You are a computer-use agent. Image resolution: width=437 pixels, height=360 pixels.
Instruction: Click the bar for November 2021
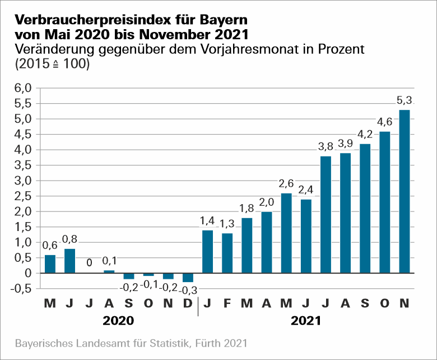pos(404,191)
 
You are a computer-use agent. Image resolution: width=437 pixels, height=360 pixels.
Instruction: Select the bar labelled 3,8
pos(326,214)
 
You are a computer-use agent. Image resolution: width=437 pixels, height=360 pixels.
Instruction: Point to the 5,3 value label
pos(404,101)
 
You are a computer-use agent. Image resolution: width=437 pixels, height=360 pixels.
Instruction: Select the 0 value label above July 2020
pos(90,262)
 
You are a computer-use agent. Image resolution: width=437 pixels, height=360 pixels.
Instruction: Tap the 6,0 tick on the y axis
pos(21,88)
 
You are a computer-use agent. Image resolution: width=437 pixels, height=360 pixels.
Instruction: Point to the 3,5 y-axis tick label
pos(21,165)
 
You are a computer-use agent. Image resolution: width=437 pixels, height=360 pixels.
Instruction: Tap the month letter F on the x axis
pos(227,303)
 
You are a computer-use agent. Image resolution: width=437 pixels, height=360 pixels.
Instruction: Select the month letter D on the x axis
pos(188,303)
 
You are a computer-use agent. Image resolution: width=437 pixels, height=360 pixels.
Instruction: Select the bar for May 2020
pos(50,264)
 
